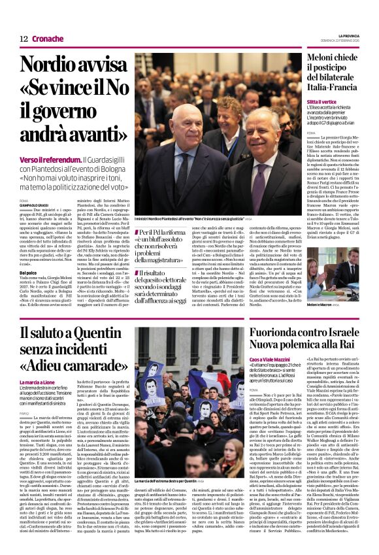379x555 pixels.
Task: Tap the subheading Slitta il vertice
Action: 322,103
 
